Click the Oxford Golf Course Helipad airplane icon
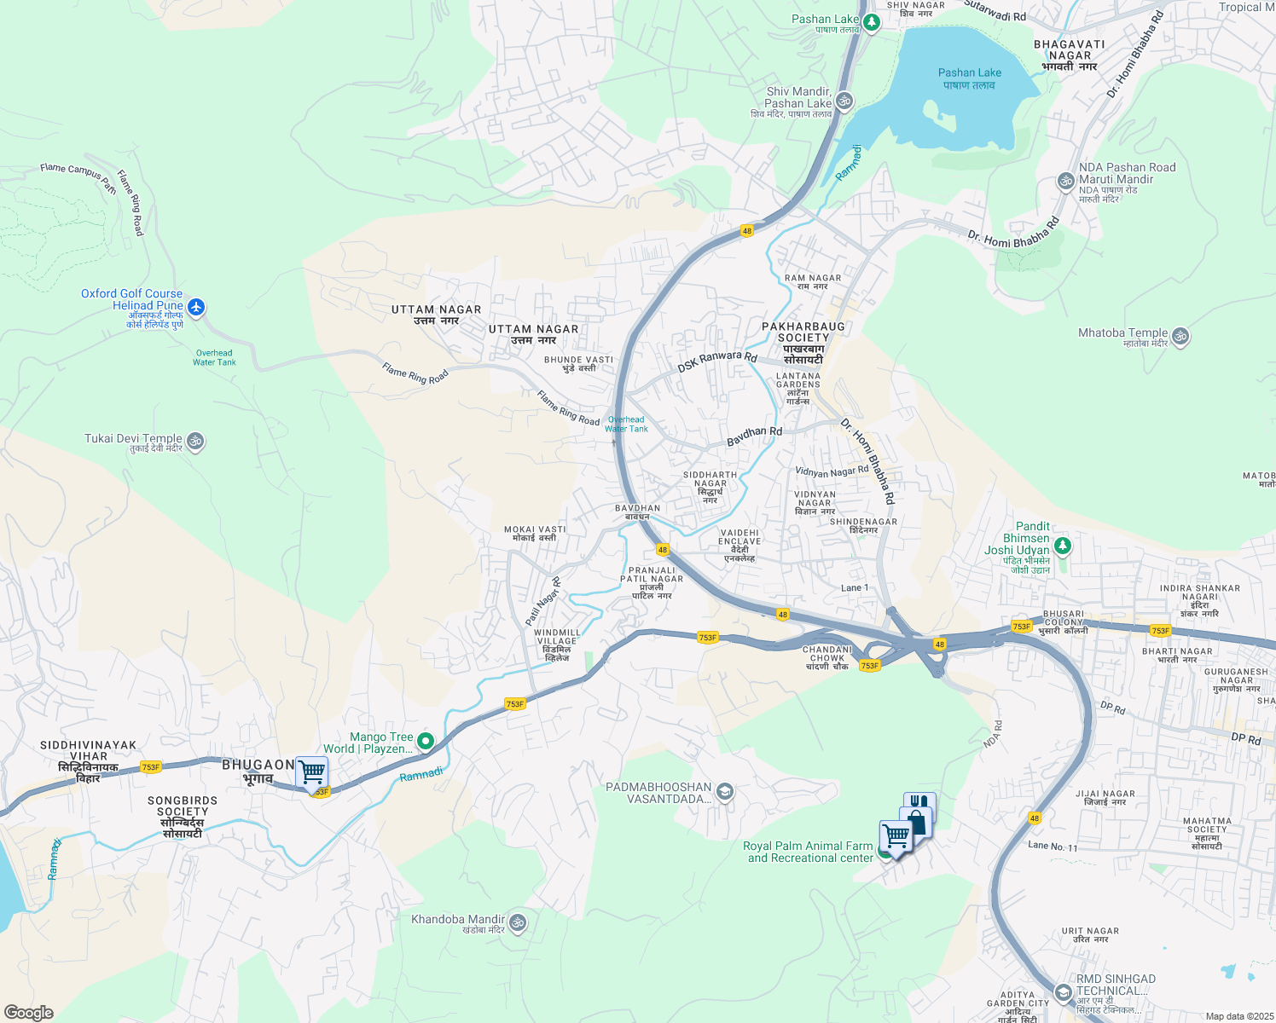pos(196,307)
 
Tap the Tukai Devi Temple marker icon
pos(195,442)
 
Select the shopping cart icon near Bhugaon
pos(312,772)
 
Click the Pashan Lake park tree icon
pos(871,21)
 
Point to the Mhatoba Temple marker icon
pos(1180,336)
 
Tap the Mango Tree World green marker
pos(426,742)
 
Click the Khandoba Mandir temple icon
pos(517,922)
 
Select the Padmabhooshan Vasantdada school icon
pos(724,792)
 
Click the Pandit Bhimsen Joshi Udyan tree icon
pos(1062,546)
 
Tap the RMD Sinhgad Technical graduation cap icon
pos(1063,992)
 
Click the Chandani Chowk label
pos(827,657)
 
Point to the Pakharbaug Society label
pos(803,343)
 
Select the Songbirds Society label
pos(183,817)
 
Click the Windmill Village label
pos(557,645)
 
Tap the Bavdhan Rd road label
pos(754,436)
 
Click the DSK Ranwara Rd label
pos(717,361)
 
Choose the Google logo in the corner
pos(29,1012)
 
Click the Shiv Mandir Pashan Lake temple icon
pos(844,101)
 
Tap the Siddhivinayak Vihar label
pos(89,760)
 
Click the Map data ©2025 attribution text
pos(1239,1016)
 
